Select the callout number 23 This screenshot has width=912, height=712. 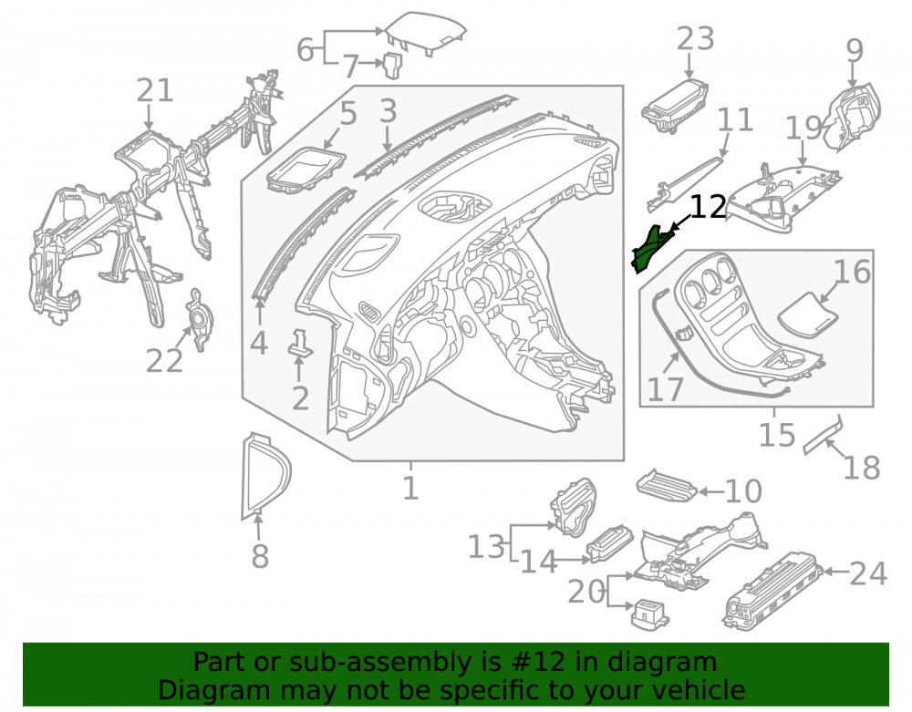696,39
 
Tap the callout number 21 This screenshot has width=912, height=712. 155,90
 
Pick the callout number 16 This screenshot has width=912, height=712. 853,272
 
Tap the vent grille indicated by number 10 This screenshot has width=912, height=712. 667,486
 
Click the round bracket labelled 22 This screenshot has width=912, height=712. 200,319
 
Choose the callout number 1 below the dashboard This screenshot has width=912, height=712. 410,488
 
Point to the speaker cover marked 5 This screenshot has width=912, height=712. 306,170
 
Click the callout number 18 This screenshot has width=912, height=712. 862,468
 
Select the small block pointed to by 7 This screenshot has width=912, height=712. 392,65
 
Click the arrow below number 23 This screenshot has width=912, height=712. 689,66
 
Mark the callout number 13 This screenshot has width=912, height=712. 487,547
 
